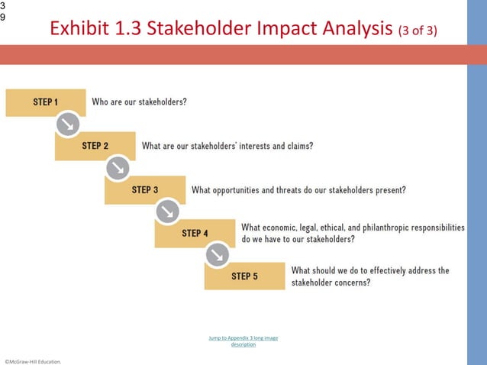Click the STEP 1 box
(45, 102)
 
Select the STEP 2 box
(95, 146)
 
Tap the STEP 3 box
(144, 190)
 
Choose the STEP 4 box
(195, 233)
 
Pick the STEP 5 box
(244, 276)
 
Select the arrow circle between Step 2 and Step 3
(118, 167)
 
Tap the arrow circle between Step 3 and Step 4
(167, 211)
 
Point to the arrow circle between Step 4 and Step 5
(218, 254)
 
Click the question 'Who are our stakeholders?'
(139, 102)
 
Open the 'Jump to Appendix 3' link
(243, 341)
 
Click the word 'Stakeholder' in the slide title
(198, 30)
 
